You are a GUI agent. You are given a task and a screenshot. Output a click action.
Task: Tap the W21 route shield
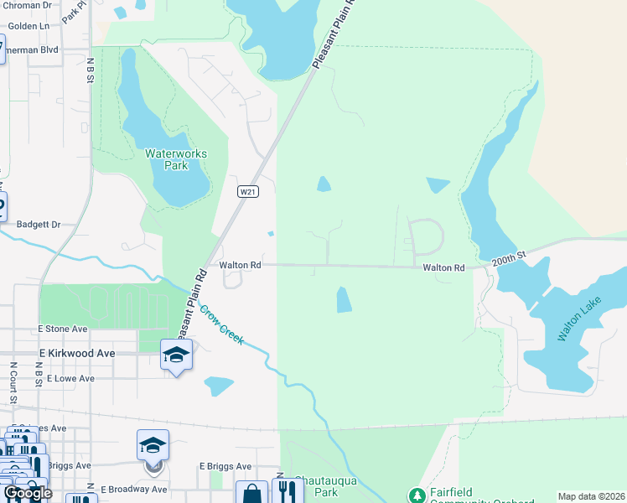246,192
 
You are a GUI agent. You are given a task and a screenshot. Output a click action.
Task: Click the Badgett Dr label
39,225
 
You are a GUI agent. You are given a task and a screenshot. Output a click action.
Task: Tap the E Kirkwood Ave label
76,354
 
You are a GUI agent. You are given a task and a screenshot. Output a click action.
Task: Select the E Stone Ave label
62,329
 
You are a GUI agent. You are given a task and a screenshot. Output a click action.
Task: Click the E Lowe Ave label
70,379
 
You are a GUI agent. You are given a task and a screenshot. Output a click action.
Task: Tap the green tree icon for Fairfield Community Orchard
416,495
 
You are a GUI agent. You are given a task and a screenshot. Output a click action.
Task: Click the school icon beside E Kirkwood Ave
176,355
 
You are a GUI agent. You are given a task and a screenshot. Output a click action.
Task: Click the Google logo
28,493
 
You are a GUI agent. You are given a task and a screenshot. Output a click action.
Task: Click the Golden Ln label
28,26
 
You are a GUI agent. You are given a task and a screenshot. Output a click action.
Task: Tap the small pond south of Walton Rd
344,299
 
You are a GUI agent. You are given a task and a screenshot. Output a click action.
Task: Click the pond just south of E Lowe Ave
219,386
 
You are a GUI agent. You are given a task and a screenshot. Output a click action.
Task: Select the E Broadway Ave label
133,489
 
